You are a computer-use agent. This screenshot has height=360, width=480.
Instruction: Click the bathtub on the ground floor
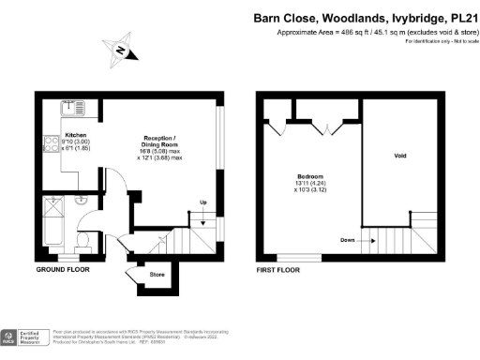[x=52, y=224]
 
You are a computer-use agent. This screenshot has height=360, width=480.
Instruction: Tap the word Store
[x=158, y=274]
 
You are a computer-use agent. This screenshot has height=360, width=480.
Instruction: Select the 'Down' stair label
[x=347, y=239]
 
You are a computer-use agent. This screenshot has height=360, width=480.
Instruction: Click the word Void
[x=400, y=156]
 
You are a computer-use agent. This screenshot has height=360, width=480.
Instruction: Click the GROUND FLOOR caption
[x=63, y=270]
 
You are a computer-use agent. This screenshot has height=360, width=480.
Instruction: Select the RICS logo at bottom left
[x=12, y=337]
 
